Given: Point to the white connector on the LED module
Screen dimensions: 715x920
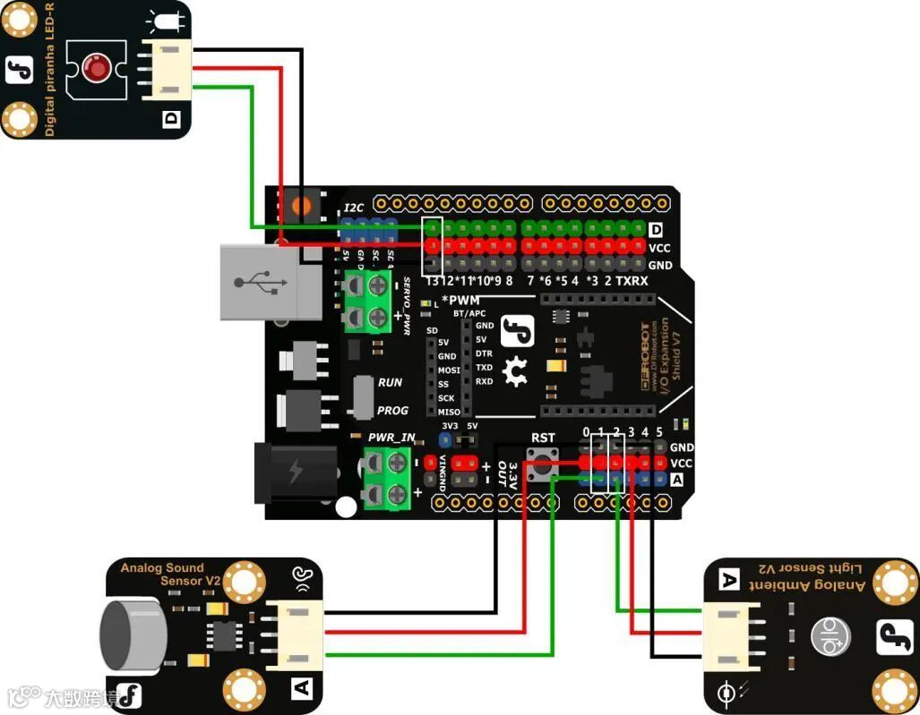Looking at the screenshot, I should (167, 69).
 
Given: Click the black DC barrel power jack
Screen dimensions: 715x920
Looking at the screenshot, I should (295, 471).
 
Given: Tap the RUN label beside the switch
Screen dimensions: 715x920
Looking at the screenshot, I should (390, 382).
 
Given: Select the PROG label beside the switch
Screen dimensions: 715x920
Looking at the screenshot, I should (392, 410).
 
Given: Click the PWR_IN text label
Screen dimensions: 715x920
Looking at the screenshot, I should (391, 438).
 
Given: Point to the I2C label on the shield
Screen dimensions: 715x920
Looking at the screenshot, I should (354, 208).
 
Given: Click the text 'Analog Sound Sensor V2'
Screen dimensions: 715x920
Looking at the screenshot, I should (170, 574).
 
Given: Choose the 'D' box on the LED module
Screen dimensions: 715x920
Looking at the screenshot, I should (171, 118).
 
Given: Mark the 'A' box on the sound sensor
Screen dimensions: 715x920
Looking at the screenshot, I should (301, 687).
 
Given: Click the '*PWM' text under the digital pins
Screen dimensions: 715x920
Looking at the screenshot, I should (461, 300).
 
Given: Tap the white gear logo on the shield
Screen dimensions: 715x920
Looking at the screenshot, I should (515, 371).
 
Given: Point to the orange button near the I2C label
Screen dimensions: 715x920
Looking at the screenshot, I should (303, 205).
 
